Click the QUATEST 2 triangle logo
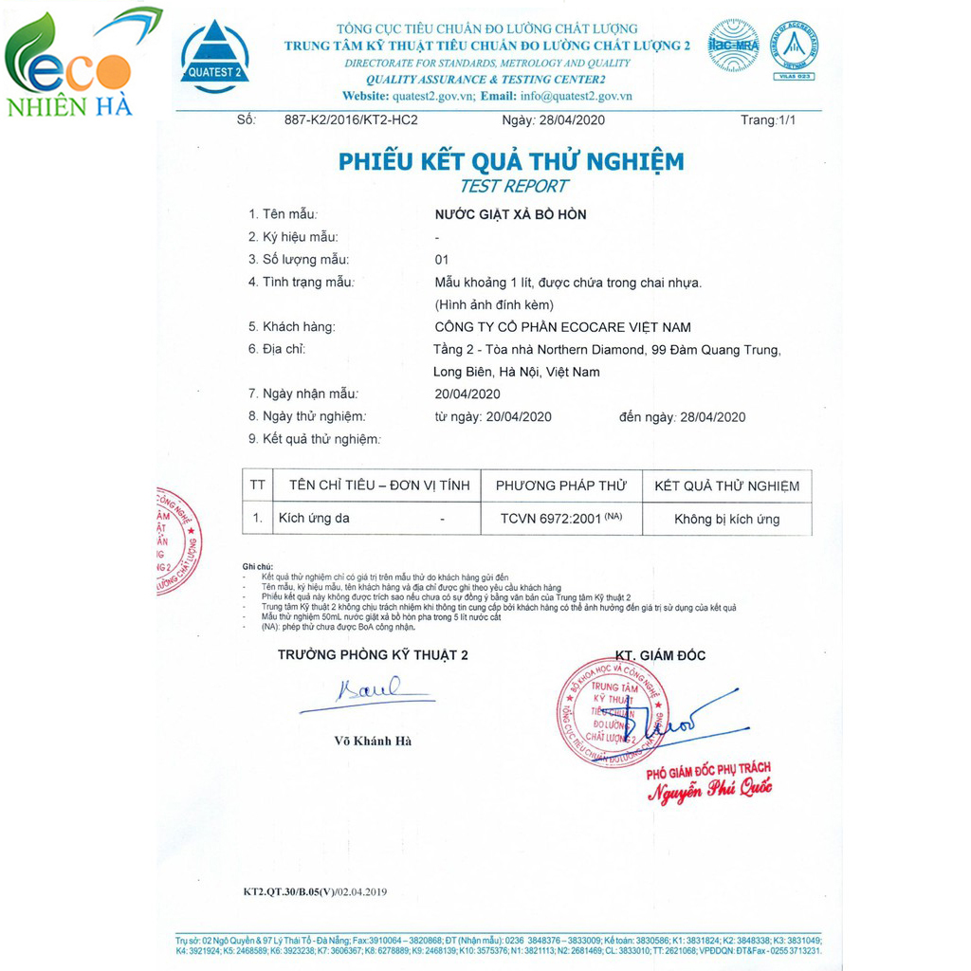pyautogui.click(x=215, y=56)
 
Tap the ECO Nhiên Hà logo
pyautogui.click(x=71, y=64)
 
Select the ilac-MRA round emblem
pyautogui.click(x=733, y=46)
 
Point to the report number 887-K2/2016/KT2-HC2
pyautogui.click(x=351, y=120)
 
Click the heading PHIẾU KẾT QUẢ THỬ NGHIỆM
pyautogui.click(x=510, y=161)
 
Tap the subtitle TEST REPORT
pyautogui.click(x=513, y=186)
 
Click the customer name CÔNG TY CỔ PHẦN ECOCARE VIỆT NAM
pyautogui.click(x=562, y=327)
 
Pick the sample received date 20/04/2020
pyautogui.click(x=467, y=394)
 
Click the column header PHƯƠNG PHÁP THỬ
pyautogui.click(x=561, y=485)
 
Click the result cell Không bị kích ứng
pyautogui.click(x=726, y=519)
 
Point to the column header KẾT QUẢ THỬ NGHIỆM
pyautogui.click(x=726, y=485)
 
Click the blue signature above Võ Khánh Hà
pyautogui.click(x=368, y=690)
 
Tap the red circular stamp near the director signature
pyautogui.click(x=612, y=711)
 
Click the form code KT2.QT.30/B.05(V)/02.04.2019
pyautogui.click(x=315, y=891)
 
